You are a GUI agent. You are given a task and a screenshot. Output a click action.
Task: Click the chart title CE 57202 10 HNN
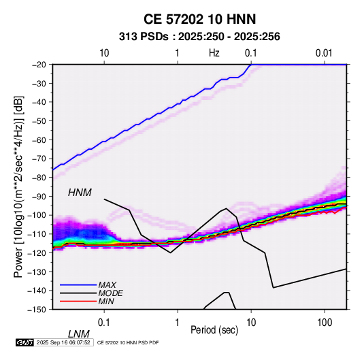click(x=199, y=19)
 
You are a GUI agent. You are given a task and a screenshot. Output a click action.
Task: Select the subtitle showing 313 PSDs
click(x=199, y=37)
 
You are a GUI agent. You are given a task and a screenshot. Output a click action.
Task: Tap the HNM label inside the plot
click(x=80, y=193)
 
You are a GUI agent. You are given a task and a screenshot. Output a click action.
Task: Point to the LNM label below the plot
click(x=79, y=334)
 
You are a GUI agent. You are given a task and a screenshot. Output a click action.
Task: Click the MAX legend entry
click(x=107, y=285)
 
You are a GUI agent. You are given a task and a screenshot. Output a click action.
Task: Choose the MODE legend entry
click(x=110, y=293)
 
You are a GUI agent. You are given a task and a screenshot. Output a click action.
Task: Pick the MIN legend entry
click(x=106, y=301)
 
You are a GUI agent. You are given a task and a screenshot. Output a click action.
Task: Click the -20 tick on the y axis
click(x=39, y=65)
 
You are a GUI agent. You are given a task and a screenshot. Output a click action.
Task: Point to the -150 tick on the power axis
click(x=37, y=310)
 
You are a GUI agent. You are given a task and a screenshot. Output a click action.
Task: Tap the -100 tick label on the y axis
click(x=37, y=215)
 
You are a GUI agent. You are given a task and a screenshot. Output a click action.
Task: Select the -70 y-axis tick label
click(x=39, y=159)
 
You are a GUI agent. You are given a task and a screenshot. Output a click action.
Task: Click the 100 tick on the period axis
click(x=325, y=322)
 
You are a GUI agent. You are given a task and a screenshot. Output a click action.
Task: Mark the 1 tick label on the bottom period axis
click(x=178, y=322)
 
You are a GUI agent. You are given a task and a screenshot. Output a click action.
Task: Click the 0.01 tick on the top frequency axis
click(x=324, y=53)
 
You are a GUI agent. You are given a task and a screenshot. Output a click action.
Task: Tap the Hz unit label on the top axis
click(x=214, y=53)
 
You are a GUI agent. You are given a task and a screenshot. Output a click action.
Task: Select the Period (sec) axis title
click(x=214, y=330)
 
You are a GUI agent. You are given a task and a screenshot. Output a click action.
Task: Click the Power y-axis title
click(x=18, y=186)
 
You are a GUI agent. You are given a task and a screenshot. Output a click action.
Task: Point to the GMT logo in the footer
click(x=24, y=342)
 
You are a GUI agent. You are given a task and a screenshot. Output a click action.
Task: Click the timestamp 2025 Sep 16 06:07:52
click(x=63, y=342)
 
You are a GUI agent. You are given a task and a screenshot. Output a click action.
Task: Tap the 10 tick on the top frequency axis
click(x=104, y=53)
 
